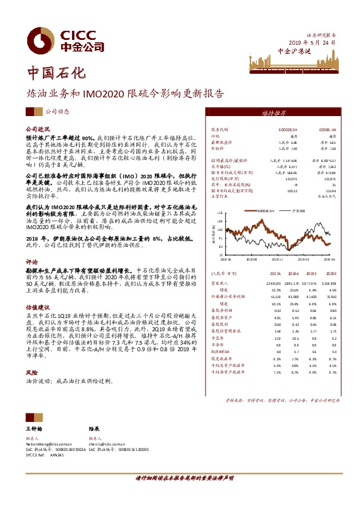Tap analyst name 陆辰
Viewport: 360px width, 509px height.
tap(94, 427)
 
